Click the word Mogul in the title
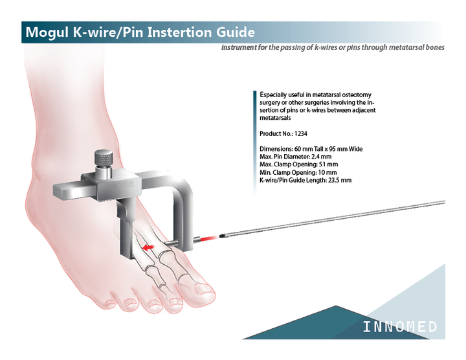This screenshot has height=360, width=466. [47, 32]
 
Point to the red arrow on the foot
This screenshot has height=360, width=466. [147, 247]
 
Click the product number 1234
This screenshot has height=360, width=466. [301, 134]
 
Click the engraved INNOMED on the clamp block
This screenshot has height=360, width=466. [120, 185]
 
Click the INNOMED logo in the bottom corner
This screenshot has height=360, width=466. [400, 327]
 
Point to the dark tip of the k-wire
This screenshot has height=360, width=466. [222, 236]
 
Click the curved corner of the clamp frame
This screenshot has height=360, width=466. [185, 183]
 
